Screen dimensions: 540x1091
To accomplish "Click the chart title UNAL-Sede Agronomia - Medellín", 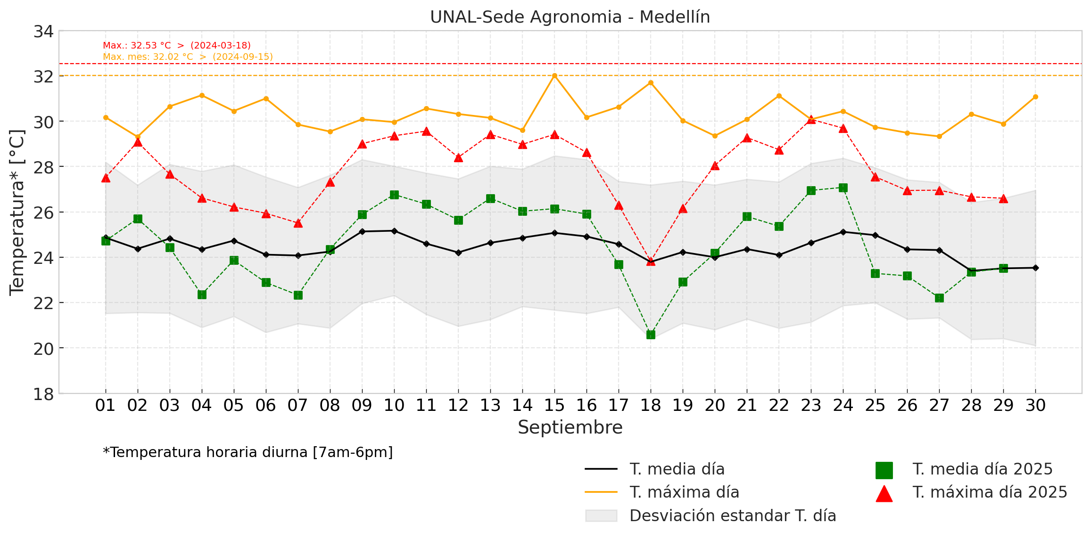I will [x=570, y=17].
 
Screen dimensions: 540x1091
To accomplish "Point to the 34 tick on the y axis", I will [x=43, y=32].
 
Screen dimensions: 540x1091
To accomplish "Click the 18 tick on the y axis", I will [x=43, y=394].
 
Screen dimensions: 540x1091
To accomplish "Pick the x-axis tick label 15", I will [x=554, y=405].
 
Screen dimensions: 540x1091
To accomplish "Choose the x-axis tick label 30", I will [x=1035, y=405].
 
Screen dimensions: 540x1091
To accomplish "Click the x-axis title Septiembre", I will [x=570, y=427].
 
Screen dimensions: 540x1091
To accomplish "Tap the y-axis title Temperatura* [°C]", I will [x=17, y=212].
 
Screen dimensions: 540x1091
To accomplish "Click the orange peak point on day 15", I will [x=554, y=75].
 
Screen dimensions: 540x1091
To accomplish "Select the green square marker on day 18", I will [x=651, y=335].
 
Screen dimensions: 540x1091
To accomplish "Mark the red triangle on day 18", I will [x=651, y=261].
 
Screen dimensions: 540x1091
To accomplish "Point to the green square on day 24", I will [x=843, y=188].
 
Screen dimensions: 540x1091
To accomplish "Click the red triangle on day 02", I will [x=138, y=142].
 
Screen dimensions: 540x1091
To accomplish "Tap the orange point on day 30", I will [x=1035, y=97].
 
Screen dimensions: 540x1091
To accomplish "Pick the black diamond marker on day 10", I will [x=394, y=231].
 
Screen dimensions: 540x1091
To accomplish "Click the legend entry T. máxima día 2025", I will [x=989, y=492].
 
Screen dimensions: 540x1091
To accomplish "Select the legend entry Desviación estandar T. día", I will [x=732, y=516].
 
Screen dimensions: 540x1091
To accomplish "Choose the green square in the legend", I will [x=884, y=470].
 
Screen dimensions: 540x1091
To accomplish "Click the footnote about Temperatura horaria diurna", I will [x=248, y=452].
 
